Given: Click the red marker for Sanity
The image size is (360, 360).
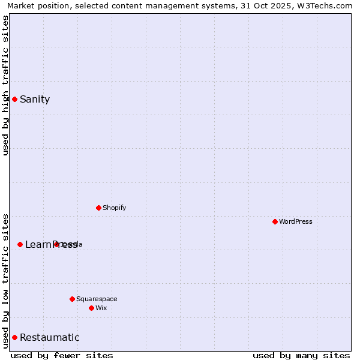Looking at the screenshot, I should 14,99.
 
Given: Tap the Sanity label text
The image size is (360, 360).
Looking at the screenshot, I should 35,100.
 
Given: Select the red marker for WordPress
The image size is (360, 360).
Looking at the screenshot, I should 275,221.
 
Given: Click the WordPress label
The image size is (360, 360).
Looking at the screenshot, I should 296,221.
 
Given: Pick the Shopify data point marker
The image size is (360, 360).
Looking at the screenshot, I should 99,208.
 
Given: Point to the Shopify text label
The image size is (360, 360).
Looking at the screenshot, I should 115,208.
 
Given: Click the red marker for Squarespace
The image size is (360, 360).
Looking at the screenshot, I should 73,299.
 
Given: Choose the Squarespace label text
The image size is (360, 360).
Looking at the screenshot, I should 97,299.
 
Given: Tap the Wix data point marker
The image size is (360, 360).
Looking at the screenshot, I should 92,308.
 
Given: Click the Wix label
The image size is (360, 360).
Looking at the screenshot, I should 101,308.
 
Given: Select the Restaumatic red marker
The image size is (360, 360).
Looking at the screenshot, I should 14,337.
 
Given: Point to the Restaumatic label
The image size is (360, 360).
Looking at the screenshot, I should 50,337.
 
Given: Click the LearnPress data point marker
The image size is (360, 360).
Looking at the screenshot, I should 20,244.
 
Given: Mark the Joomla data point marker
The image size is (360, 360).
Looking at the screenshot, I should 56,244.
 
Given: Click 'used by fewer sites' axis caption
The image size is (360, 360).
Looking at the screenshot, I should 62,355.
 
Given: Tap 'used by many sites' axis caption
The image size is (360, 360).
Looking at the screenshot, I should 301,355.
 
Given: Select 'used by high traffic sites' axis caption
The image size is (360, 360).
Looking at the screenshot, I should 5,85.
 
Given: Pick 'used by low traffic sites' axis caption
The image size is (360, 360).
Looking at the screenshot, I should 5,280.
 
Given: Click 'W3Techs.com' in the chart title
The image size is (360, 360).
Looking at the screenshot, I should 326,6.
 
